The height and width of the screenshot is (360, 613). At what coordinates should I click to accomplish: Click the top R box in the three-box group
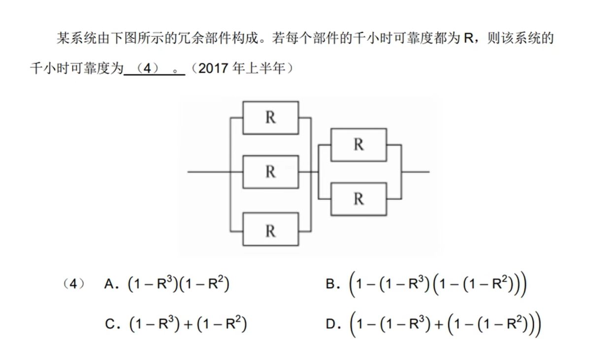(x=270, y=118)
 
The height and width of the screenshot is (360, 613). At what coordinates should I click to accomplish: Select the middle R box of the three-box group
(x=270, y=172)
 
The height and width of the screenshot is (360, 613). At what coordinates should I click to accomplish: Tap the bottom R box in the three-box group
(x=270, y=229)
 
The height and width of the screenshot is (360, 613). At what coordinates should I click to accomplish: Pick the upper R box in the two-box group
(x=358, y=145)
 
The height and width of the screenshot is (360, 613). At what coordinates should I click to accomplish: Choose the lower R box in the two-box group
(x=358, y=198)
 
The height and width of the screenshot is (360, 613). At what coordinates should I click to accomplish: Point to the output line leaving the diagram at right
(x=416, y=172)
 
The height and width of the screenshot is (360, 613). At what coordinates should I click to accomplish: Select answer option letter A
(x=109, y=284)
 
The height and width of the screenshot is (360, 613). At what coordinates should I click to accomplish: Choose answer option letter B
(x=330, y=284)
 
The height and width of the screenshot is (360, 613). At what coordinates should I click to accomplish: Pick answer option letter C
(x=110, y=324)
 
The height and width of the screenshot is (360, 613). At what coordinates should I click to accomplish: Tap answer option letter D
(x=331, y=324)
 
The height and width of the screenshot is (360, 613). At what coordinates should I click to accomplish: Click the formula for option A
(x=178, y=285)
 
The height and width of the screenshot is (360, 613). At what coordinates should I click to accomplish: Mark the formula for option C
(x=188, y=324)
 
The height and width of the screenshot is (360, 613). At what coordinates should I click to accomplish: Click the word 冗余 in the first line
(x=200, y=38)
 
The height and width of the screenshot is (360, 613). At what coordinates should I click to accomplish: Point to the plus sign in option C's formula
(x=188, y=325)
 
